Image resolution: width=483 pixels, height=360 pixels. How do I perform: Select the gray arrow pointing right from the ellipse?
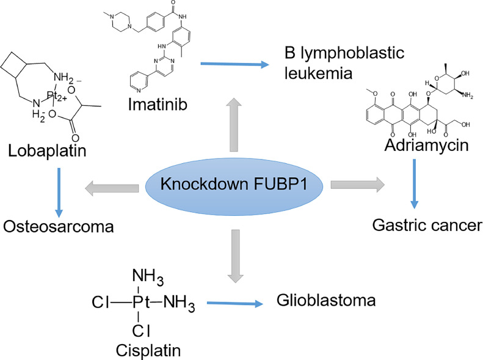(x=358, y=183)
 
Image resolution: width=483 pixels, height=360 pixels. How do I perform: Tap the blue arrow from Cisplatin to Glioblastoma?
(x=235, y=302)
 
